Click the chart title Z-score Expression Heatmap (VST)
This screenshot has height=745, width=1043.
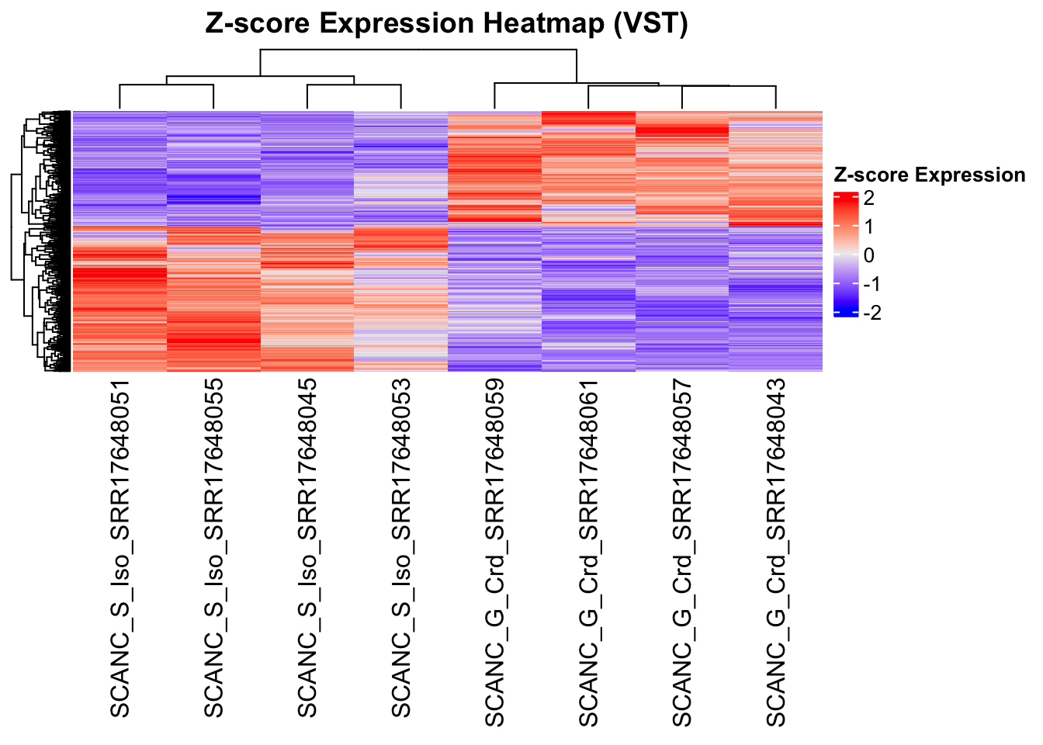point(446,23)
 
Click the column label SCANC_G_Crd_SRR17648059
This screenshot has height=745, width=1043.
point(494,553)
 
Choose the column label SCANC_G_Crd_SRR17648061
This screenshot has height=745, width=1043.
point(588,553)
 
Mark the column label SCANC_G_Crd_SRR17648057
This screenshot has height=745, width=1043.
point(682,553)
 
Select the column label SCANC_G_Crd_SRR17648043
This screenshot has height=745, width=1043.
point(776,553)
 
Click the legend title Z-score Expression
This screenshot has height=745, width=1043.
point(929,175)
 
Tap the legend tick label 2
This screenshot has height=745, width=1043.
point(868,198)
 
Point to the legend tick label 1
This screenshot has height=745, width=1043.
point(868,227)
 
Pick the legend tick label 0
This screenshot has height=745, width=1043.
point(868,255)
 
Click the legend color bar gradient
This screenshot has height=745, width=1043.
point(845,255)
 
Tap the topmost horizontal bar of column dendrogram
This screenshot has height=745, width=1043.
point(418,50)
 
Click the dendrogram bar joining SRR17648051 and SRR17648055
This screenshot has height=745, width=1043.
point(167,85)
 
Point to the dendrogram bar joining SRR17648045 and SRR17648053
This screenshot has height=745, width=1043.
point(354,85)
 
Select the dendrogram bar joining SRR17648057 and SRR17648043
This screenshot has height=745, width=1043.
point(729,86)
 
